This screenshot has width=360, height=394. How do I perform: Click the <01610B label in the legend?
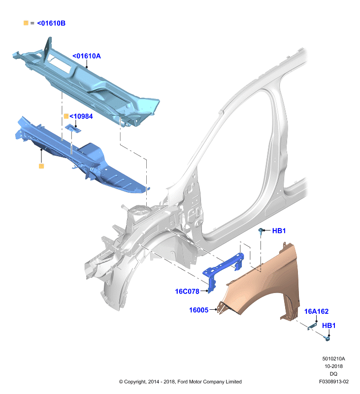tap(51, 23)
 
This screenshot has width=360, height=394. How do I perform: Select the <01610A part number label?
tap(87, 56)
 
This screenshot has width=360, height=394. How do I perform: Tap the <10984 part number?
tap(81, 116)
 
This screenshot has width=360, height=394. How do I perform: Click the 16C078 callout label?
tap(187, 292)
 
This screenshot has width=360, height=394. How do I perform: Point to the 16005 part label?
tap(199, 310)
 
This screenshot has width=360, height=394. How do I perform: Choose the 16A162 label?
tap(316, 311)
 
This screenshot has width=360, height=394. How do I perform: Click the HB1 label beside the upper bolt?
tap(279, 230)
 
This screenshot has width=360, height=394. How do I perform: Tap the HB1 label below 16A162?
tap(329, 326)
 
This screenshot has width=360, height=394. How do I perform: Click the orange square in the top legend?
tap(26, 23)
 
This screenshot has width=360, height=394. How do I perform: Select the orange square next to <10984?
tap(66, 116)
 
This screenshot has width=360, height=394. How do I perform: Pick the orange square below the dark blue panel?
tap(41, 166)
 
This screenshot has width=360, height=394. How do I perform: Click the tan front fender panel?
tap(262, 284)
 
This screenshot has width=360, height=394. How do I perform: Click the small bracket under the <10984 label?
tap(73, 129)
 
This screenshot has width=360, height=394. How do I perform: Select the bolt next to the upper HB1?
tap(261, 231)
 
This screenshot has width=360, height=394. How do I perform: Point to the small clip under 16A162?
tap(312, 326)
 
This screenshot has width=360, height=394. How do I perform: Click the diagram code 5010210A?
tap(333, 359)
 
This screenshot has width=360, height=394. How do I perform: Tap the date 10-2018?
tap(333, 366)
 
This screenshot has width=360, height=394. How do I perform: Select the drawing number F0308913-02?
tap(334, 381)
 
